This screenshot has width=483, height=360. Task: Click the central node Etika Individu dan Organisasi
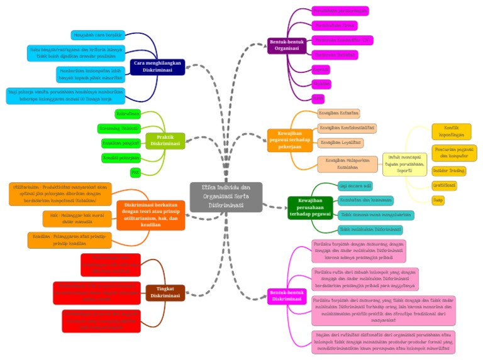(226, 196)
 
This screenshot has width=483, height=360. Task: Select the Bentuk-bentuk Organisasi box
(286, 45)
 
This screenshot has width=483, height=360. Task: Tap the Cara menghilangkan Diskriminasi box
(157, 67)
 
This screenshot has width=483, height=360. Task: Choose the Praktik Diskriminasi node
(165, 140)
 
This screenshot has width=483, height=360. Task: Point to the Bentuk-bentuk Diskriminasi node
(286, 295)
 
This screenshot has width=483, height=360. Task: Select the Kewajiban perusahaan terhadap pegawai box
(309, 207)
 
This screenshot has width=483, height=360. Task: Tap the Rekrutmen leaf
(128, 114)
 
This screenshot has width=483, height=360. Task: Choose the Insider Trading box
(449, 170)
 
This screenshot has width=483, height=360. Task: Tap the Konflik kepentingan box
(451, 131)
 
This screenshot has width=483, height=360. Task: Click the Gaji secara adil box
(355, 186)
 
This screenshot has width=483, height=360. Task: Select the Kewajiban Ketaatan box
(339, 113)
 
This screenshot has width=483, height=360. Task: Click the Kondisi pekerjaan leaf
(121, 157)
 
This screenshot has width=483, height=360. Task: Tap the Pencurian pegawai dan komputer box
(453, 152)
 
